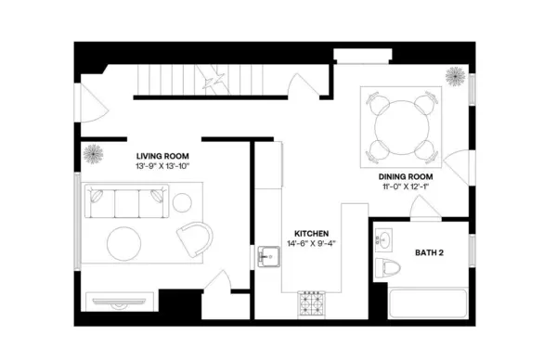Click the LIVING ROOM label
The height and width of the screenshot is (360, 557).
[x=163, y=156]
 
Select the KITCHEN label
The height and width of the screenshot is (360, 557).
[x=311, y=234]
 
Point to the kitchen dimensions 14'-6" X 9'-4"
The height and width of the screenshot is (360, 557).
[x=311, y=245]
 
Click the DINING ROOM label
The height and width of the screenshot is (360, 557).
[x=405, y=175]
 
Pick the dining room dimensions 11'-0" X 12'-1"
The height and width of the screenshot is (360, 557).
[x=405, y=186]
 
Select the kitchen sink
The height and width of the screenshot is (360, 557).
[x=268, y=256]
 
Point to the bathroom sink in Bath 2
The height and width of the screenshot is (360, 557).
[x=384, y=239]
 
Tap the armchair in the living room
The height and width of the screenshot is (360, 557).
[x=194, y=238]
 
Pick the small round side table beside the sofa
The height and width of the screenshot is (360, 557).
[x=182, y=200]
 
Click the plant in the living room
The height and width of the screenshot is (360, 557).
[x=93, y=154]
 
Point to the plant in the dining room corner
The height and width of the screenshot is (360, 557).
[x=456, y=76]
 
